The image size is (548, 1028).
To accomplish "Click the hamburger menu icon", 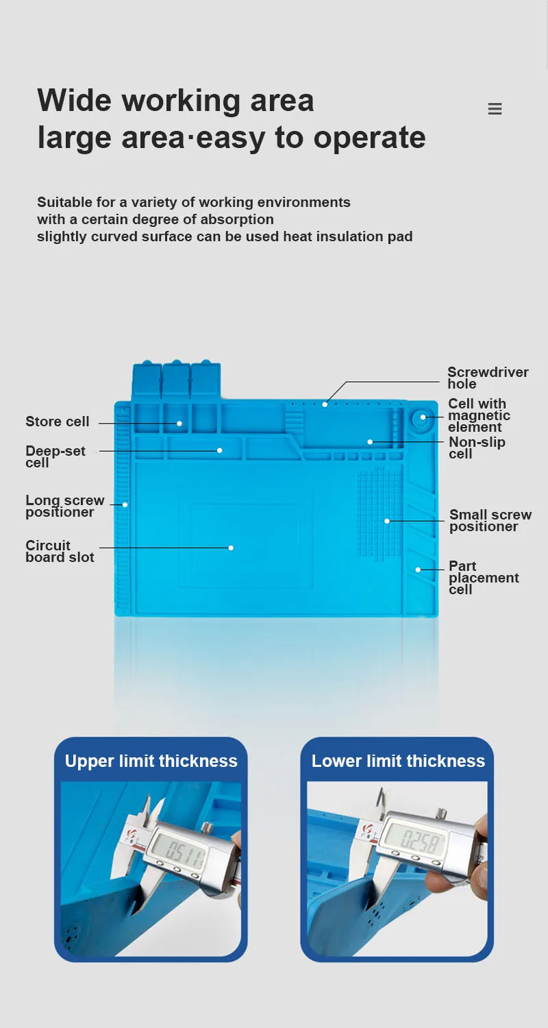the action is click(495, 109).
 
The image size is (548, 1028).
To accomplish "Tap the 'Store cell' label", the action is click(58, 421).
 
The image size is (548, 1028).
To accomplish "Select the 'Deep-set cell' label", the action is click(55, 456).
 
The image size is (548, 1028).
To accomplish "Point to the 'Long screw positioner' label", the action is click(65, 506).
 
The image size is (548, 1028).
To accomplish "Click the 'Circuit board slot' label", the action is click(60, 551).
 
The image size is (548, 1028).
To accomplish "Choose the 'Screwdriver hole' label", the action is click(488, 378).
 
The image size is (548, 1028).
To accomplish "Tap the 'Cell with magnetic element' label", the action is click(479, 415).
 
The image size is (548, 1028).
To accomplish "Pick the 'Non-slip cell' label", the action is click(477, 448).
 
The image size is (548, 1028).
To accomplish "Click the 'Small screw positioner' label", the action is click(490, 520).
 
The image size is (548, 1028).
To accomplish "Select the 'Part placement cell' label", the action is click(483, 578).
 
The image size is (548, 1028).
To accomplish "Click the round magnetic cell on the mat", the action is click(422, 417).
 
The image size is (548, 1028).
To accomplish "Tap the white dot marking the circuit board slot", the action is click(231, 548).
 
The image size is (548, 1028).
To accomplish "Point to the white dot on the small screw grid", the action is click(386, 521).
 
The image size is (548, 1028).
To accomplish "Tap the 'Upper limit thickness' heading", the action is click(151, 761).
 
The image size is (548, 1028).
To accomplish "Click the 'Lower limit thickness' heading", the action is click(398, 761).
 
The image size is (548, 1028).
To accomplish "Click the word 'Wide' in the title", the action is click(75, 101).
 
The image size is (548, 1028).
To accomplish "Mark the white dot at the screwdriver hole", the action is click(325, 404).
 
